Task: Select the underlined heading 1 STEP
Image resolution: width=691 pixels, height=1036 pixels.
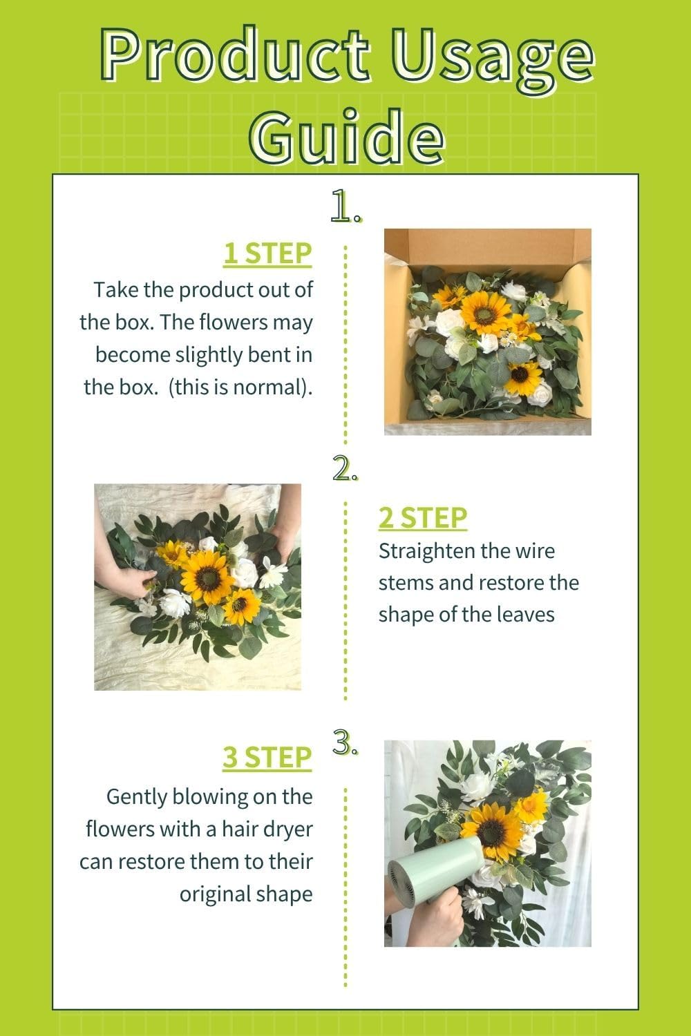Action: (267, 253)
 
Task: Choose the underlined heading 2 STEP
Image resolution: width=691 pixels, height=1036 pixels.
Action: (423, 517)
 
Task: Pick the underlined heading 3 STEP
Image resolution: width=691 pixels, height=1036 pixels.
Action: (267, 757)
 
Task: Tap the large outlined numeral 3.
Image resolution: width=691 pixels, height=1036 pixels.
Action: (344, 742)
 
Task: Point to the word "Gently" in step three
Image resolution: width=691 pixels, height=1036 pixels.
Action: (137, 796)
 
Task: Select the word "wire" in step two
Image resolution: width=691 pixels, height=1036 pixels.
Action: (535, 551)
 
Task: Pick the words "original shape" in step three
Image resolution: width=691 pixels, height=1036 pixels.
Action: (246, 894)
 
